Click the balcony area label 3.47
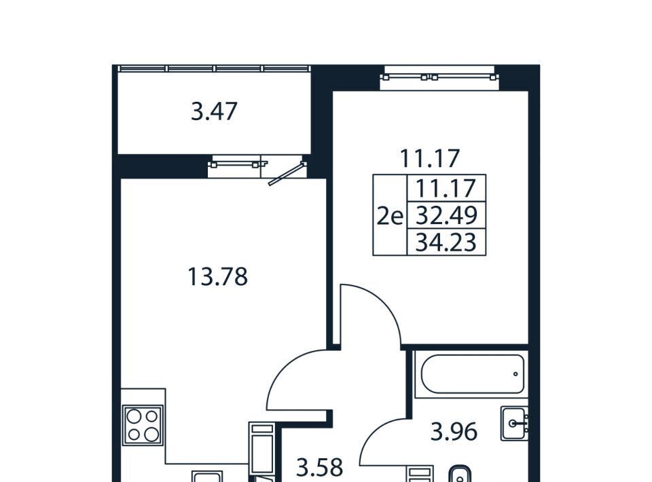214,112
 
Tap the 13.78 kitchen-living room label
217,277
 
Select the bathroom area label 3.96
453,432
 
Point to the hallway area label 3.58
319,467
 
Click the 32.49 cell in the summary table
446,215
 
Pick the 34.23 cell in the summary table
446,242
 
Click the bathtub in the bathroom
472,374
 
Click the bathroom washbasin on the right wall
514,424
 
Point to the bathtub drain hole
515,374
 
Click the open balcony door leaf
287,174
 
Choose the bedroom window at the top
439,77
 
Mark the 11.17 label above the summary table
430,158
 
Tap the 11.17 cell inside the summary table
446,188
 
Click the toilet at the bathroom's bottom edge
460,474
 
